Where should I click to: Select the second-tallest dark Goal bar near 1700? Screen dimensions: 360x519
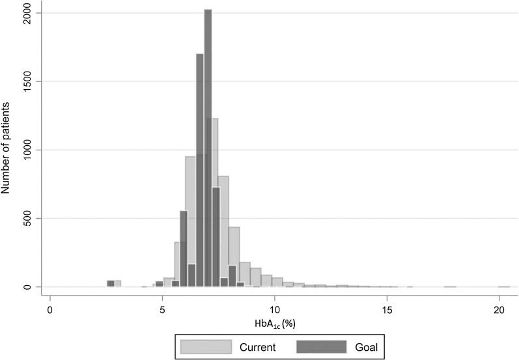click(200, 169)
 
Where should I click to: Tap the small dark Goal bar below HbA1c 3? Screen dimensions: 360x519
click(111, 283)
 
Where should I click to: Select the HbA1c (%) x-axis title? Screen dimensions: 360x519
click(276, 322)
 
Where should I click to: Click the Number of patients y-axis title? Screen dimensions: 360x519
click(7, 150)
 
